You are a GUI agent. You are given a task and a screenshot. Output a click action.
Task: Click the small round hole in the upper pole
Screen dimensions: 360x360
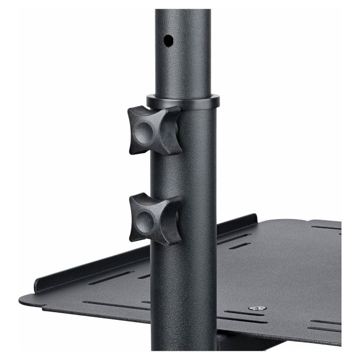168,40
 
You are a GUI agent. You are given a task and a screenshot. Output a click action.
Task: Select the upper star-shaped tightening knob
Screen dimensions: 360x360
154,130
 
